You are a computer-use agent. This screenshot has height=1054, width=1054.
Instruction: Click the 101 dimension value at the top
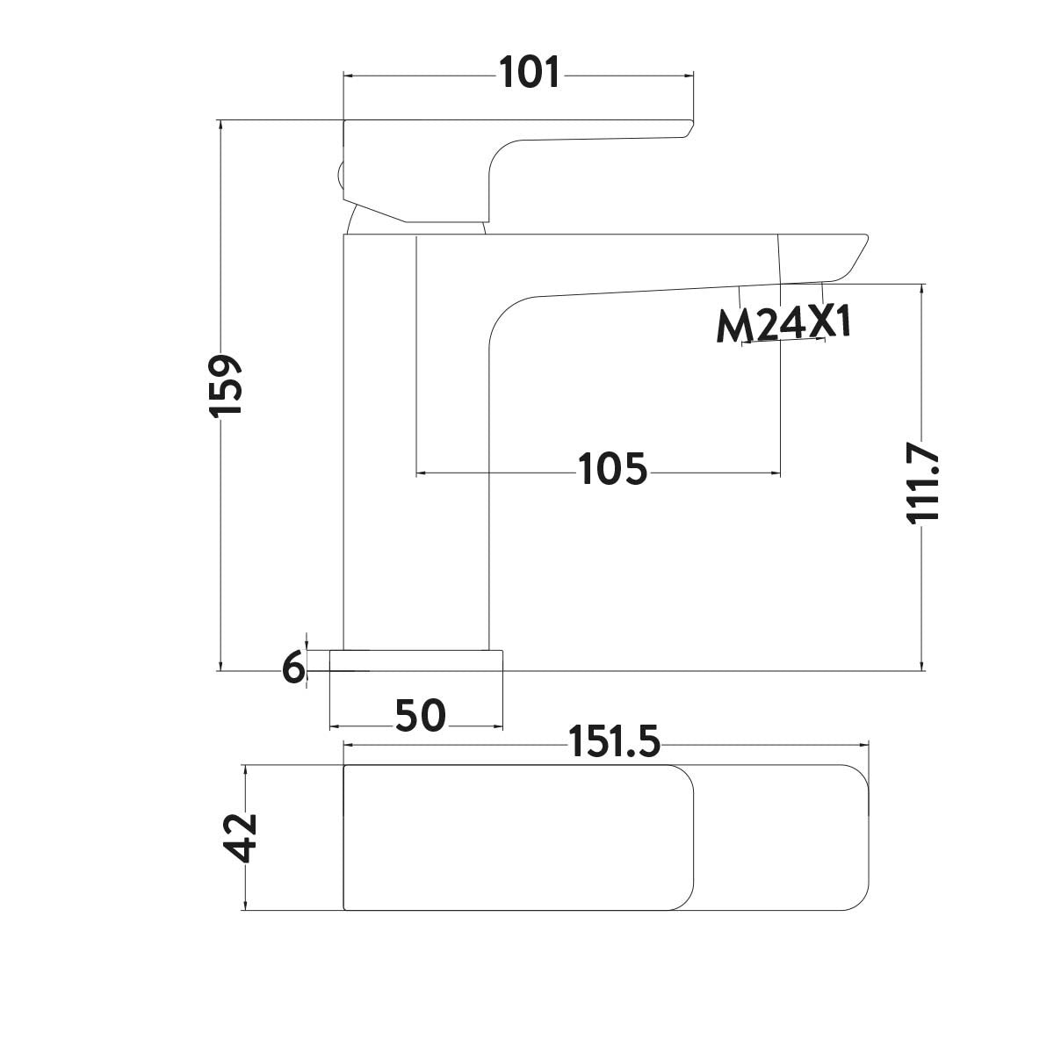pos(529,73)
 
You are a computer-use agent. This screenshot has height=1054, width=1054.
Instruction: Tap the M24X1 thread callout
pos(784,326)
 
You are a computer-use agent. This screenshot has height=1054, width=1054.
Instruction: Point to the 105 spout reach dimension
pos(613,470)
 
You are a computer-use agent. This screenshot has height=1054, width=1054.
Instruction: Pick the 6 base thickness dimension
pos(293,669)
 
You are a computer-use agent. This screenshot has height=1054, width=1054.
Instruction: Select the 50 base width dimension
pos(420,717)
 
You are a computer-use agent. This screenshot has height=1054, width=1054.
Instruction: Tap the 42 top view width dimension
pos(240,838)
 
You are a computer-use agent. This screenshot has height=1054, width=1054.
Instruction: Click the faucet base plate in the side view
pos(416,661)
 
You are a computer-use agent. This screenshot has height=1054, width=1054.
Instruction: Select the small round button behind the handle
pos(339,175)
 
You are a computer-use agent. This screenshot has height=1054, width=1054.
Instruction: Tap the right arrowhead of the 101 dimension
pos(689,76)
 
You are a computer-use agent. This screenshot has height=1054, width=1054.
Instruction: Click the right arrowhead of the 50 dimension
pos(498,727)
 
